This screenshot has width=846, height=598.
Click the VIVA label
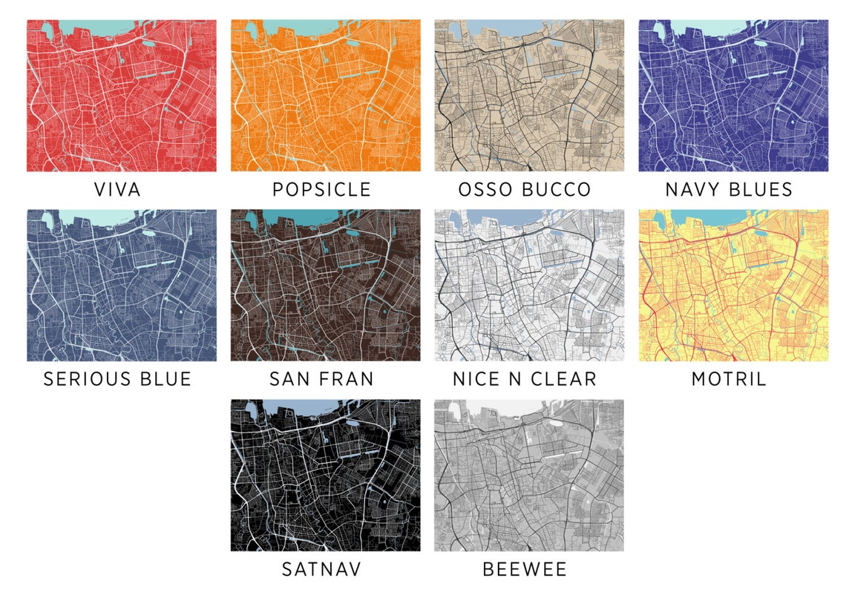pos(117,190)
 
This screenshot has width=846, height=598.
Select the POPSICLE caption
pos(321,190)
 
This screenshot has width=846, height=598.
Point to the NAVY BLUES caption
pos(729,190)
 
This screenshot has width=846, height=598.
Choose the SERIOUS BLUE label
pos(117,379)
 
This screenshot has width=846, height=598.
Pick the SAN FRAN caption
pos(321,379)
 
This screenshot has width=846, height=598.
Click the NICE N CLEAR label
pos(525,379)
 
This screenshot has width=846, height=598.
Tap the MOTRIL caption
pos(729,379)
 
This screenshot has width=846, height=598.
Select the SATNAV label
pos(321,570)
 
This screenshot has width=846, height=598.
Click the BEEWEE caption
pos(525,570)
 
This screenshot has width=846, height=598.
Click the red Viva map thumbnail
pos(122,96)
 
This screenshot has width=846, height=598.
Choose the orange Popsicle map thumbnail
pos(325,96)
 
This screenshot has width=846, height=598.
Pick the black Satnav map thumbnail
pos(325,476)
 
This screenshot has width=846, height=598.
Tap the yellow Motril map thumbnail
pos(733,286)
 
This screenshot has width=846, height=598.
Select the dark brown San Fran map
pos(325,286)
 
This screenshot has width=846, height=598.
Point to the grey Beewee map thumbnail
pos(528,476)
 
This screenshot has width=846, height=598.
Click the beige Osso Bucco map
pos(528,96)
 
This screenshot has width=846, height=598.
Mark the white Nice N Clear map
pos(528,286)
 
